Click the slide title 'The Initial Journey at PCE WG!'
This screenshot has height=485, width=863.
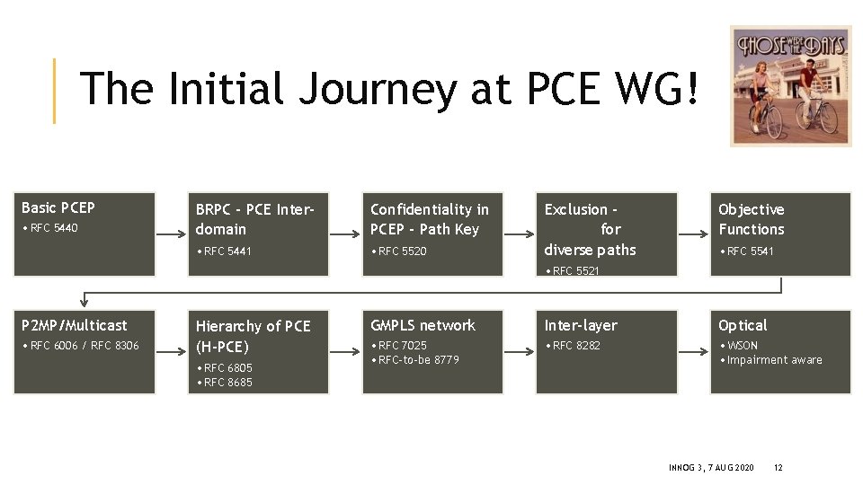tap(388, 90)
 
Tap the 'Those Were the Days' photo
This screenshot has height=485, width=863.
tap(790, 86)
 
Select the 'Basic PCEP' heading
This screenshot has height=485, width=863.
tap(58, 207)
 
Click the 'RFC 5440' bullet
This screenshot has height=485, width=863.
tap(52, 228)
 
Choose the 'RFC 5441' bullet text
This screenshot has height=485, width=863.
tap(226, 251)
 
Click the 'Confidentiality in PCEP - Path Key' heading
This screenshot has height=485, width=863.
tap(430, 219)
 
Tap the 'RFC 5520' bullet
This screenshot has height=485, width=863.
tap(400, 251)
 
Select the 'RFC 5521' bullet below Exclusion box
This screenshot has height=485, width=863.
tap(574, 270)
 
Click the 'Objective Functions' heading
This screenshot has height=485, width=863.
tap(752, 219)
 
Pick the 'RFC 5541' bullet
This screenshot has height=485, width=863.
tap(748, 251)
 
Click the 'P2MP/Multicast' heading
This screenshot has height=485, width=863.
tap(75, 325)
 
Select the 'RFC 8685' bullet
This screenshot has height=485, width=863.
tap(227, 383)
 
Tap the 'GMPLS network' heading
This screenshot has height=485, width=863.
tap(423, 325)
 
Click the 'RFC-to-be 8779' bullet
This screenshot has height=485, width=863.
tap(417, 360)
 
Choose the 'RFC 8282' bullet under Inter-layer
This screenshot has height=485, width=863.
tap(574, 346)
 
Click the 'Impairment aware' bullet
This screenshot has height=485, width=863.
tap(773, 360)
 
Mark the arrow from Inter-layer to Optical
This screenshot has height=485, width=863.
tap(693, 351)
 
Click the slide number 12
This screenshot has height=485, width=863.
tap(778, 468)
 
